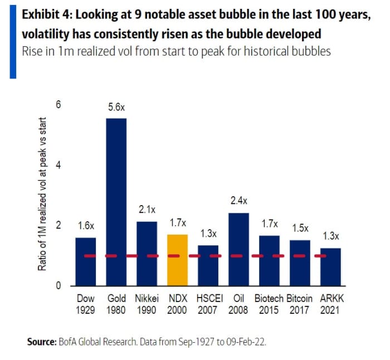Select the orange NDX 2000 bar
point(178,260)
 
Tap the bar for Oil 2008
point(238,249)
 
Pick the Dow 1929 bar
point(85,261)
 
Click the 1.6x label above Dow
point(85,226)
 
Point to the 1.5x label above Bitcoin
point(300,228)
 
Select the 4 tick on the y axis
point(58,166)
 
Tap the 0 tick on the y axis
point(58,286)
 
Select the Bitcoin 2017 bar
point(300,262)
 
